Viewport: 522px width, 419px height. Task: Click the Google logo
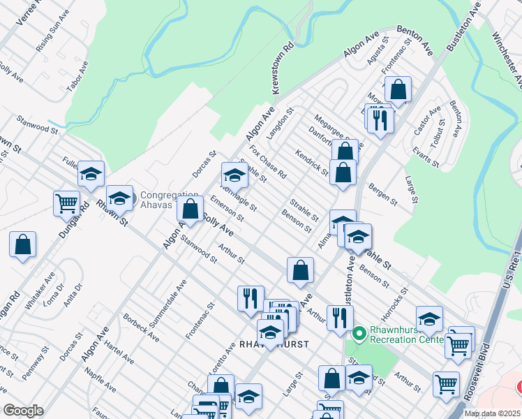(24, 411)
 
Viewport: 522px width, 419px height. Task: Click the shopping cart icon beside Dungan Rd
(66, 203)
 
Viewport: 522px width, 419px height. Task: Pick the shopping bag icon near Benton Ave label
(398, 89)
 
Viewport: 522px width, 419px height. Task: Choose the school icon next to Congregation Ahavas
(119, 198)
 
